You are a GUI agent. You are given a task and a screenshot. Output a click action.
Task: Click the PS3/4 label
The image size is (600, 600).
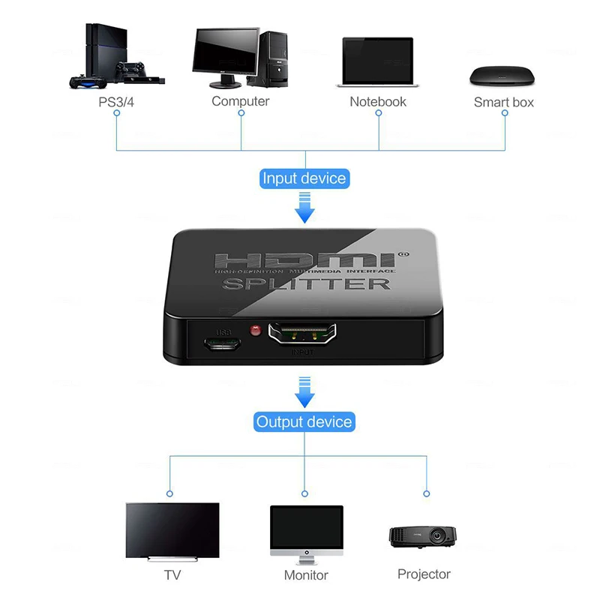(116, 100)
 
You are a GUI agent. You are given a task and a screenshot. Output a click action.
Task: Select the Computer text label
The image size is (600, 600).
(240, 100)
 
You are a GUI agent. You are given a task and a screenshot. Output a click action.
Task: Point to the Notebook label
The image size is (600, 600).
(378, 100)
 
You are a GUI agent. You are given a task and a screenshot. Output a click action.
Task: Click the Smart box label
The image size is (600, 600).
(504, 102)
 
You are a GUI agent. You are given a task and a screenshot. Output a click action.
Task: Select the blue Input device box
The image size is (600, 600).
(304, 178)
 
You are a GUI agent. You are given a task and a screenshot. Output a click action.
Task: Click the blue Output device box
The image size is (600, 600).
(304, 421)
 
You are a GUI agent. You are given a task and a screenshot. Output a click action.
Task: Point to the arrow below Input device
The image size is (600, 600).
(304, 208)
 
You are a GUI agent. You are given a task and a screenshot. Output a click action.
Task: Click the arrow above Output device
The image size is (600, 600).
(304, 392)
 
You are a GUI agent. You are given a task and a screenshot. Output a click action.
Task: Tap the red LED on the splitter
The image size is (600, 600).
(254, 330)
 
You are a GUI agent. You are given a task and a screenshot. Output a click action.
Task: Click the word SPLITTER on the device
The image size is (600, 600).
(306, 283)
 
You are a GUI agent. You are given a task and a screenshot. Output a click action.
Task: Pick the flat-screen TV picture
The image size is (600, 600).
(172, 531)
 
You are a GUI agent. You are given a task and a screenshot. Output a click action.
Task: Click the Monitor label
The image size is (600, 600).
(306, 575)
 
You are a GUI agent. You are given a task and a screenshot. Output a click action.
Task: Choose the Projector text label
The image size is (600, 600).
(424, 574)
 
